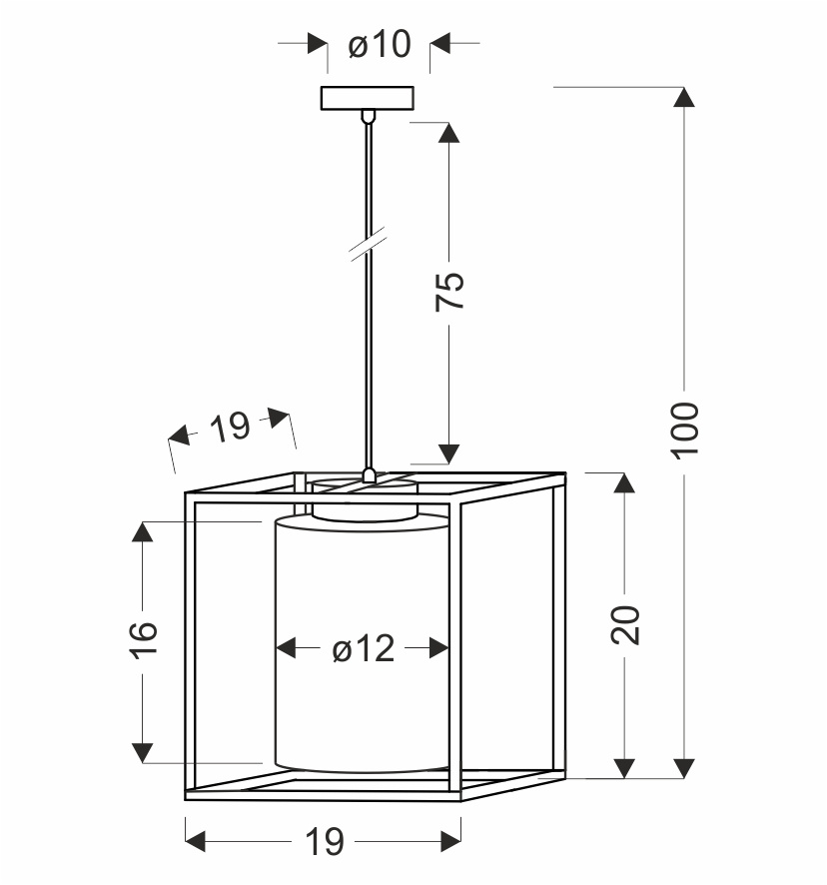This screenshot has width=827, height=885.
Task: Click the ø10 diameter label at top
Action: (380, 45)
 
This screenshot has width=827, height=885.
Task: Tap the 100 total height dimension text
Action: (685, 430)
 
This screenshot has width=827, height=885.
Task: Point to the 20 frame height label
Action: (625, 625)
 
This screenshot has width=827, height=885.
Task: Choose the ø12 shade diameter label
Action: (364, 650)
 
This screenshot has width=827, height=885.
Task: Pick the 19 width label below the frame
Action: (323, 842)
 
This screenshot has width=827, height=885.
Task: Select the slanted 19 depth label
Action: (231, 429)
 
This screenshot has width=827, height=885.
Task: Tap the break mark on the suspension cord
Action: (369, 244)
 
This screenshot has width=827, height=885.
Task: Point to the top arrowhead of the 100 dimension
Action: (684, 98)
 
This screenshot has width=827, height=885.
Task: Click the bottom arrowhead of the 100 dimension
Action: (684, 767)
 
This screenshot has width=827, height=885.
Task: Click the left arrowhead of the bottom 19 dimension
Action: (197, 841)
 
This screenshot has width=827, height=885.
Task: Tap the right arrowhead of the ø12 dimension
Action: (437, 649)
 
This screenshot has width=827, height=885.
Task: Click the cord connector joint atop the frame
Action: (369, 475)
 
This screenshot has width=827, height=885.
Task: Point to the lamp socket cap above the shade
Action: (364, 498)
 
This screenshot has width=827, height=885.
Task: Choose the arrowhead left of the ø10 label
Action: (317, 44)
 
